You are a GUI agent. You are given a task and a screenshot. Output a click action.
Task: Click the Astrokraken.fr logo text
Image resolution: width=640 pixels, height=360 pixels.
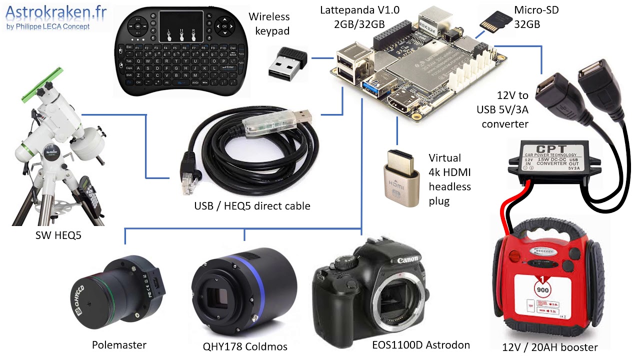(x=56, y=12)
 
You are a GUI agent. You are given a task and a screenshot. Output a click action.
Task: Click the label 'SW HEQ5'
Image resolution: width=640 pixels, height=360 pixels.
(x=58, y=235)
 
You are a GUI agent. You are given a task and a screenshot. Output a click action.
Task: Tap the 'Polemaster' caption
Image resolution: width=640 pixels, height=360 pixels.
(x=119, y=345)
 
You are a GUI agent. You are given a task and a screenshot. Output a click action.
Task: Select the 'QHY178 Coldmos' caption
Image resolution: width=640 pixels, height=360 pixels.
(x=245, y=346)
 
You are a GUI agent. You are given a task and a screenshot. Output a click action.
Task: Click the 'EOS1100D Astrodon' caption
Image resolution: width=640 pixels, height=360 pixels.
(x=421, y=345)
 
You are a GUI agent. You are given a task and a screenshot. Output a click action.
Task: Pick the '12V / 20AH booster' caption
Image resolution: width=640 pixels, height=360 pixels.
(x=550, y=347)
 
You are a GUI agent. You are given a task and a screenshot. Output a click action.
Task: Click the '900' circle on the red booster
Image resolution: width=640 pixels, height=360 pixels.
(x=543, y=289)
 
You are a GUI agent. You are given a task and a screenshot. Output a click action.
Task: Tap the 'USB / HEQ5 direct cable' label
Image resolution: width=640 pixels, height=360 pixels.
(x=252, y=205)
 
